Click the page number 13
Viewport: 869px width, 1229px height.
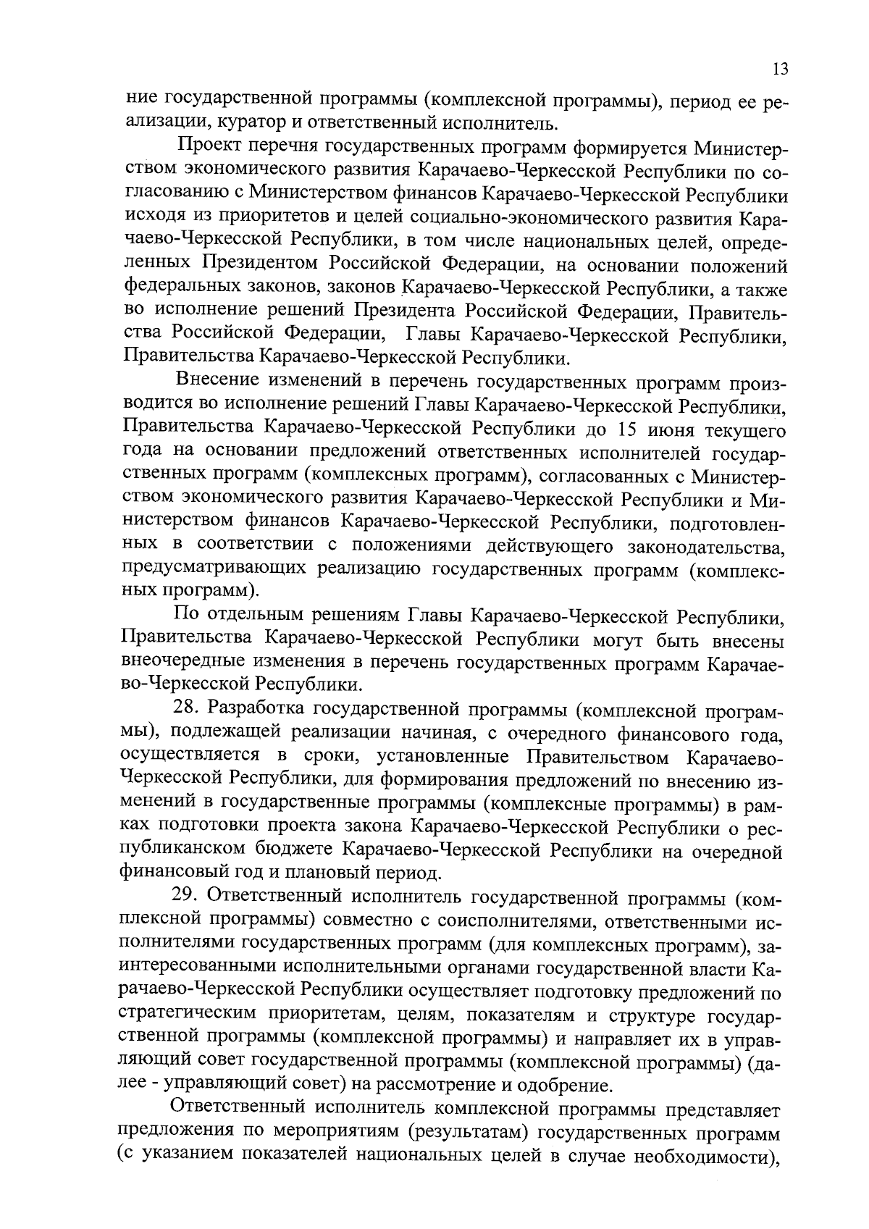(x=780, y=70)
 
